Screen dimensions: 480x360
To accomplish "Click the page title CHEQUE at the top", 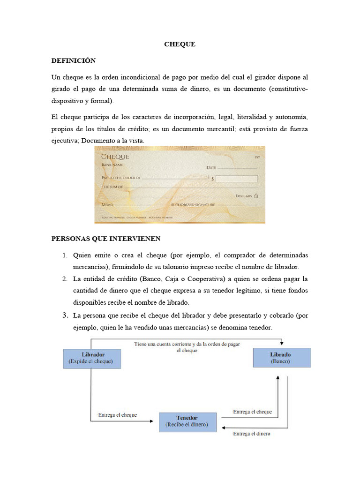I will pyautogui.click(x=180, y=45).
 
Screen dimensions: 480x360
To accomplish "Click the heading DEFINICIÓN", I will pyautogui.click(x=73, y=61).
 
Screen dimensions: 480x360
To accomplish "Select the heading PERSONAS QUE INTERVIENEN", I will pyautogui.click(x=105, y=239).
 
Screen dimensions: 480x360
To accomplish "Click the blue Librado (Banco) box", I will pyautogui.click(x=281, y=358).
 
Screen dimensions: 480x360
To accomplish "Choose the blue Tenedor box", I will pyautogui.click(x=187, y=422).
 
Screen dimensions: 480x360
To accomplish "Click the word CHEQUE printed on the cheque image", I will pyautogui.click(x=115, y=157).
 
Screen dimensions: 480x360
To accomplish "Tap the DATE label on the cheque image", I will pyautogui.click(x=212, y=167).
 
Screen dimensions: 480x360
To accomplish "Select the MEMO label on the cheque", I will pyautogui.click(x=107, y=205).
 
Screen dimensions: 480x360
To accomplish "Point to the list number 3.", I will pyautogui.click(x=66, y=315).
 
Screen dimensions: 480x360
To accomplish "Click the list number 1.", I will pyautogui.click(x=66, y=255).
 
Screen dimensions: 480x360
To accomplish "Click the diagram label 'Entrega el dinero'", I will pyautogui.click(x=252, y=434).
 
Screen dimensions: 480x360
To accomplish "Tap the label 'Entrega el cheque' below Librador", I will pyautogui.click(x=117, y=415).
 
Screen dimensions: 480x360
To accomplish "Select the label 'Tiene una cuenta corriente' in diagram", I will pyautogui.click(x=187, y=344).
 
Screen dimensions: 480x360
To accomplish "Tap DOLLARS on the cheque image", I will pyautogui.click(x=243, y=195).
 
